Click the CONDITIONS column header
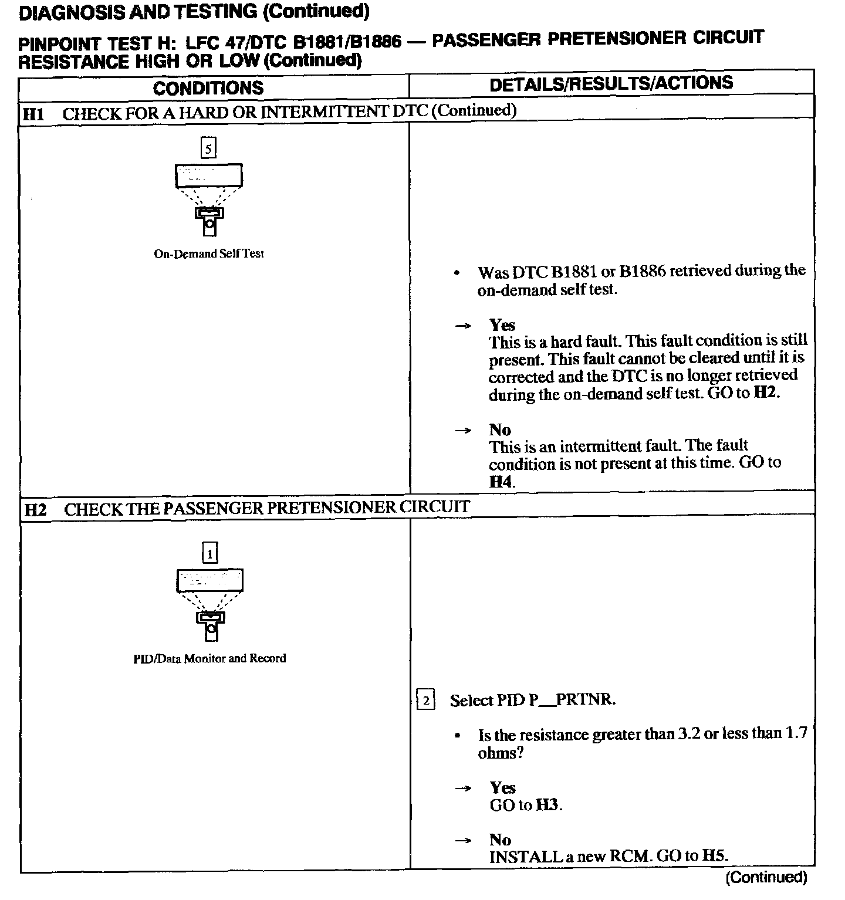point(208,88)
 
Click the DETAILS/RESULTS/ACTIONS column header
point(611,83)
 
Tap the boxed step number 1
point(209,553)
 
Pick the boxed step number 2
point(425,700)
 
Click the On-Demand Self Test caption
point(209,254)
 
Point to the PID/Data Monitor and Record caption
point(209,658)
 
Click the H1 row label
point(33,114)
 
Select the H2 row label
point(35,510)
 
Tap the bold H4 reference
point(501,482)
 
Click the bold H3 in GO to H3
point(548,805)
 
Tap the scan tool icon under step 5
point(209,199)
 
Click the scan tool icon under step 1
point(209,604)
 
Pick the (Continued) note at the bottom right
point(766,878)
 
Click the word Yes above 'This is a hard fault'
point(502,325)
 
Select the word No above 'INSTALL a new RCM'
point(501,840)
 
